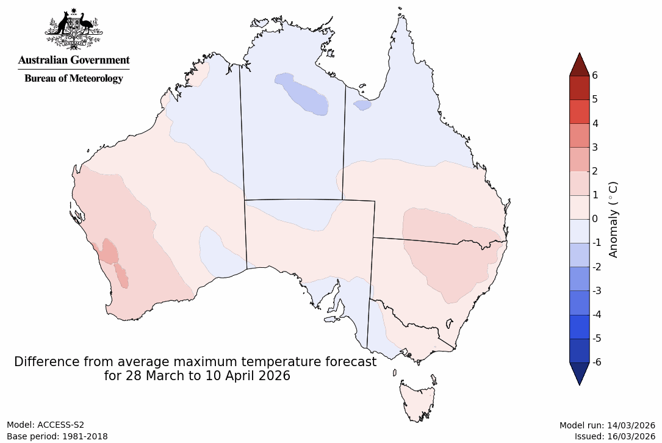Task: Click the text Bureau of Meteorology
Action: point(74,78)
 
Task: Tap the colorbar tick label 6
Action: point(594,75)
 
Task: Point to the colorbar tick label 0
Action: point(594,218)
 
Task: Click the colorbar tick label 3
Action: point(594,147)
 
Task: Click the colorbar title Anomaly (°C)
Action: point(614,219)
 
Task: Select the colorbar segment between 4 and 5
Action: point(579,112)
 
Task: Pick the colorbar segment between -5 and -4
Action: point(579,326)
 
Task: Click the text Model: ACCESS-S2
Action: point(45,425)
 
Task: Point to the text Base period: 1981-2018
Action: point(57,436)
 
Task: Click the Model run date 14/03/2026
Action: point(631,425)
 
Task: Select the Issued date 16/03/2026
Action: point(631,436)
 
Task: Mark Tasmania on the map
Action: point(418,400)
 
